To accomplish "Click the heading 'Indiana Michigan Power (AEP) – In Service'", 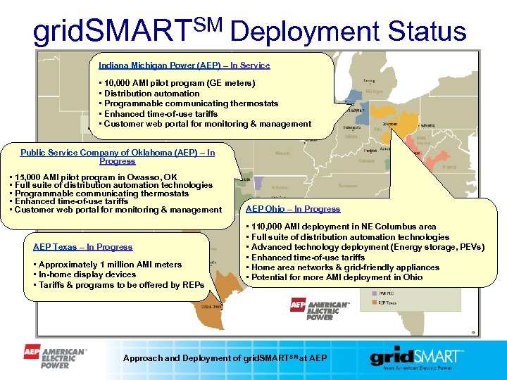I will click(x=184, y=65).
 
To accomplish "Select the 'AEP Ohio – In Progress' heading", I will click(x=292, y=209).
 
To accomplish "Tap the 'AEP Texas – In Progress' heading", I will click(x=82, y=247).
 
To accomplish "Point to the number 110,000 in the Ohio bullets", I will click(x=268, y=227).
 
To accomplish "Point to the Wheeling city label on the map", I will click(x=427, y=127).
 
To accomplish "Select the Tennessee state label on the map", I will click(x=347, y=186).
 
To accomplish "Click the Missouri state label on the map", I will click(x=282, y=152).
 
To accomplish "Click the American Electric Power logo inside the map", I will click(x=320, y=309).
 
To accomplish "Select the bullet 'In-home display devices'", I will click(x=87, y=274).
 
